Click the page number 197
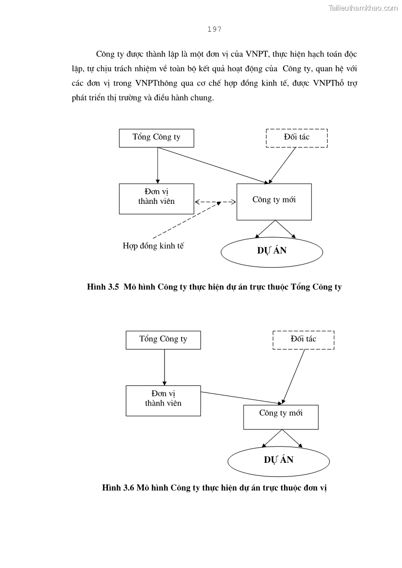[x=214, y=29]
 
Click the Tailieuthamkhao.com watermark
[x=363, y=8]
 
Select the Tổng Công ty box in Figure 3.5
[x=156, y=138]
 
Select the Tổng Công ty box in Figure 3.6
[x=163, y=339]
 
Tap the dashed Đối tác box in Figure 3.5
[x=297, y=138]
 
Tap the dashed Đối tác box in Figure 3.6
[x=303, y=339]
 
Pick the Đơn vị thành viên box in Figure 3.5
[x=156, y=198]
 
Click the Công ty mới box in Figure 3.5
[x=274, y=201]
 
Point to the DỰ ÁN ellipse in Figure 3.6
[x=278, y=460]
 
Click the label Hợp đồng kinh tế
[x=153, y=246]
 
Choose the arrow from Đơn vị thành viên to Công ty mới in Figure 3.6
[x=241, y=398]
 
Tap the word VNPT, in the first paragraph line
[x=260, y=54]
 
